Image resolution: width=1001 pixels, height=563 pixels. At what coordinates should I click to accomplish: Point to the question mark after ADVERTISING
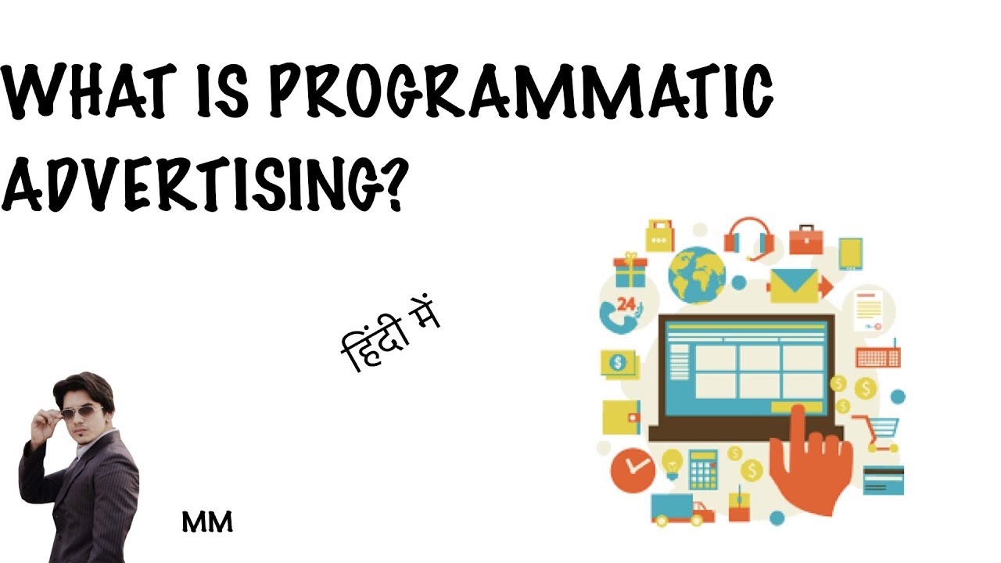386,184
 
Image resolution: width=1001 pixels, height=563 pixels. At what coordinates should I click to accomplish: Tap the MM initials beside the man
207,522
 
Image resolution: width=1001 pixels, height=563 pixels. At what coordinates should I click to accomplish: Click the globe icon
696,274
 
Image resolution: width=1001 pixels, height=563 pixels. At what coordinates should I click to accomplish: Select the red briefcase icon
805,240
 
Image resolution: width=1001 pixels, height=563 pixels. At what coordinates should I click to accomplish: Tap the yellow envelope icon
794,286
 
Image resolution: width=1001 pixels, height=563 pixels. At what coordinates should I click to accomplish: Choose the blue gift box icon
630,271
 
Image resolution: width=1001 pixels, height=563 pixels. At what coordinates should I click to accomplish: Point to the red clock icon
633,468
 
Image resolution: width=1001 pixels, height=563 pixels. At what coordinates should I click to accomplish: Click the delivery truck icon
681,509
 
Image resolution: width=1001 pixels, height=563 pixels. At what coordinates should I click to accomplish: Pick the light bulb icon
671,464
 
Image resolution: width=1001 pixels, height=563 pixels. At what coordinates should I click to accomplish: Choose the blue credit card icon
884,479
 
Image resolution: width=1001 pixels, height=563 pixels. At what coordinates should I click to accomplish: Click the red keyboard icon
878,357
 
